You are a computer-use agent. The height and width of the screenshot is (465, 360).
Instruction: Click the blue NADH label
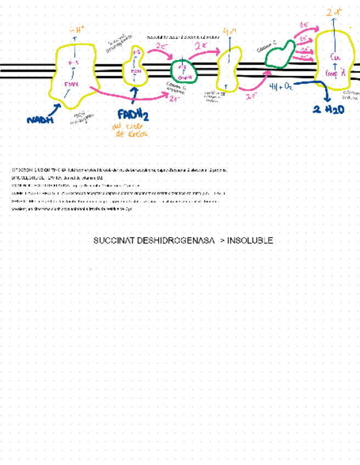40,119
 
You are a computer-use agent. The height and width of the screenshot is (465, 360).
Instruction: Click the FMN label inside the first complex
72,84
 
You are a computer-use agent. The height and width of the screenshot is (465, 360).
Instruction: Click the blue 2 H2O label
328,110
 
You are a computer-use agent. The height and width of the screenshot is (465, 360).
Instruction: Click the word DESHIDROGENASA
176,241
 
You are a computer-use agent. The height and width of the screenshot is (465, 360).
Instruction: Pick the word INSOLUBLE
250,241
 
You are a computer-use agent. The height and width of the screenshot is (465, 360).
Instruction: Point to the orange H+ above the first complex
77,29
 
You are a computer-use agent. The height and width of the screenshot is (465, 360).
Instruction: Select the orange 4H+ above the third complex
229,31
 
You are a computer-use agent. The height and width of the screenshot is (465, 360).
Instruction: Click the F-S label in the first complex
74,63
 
